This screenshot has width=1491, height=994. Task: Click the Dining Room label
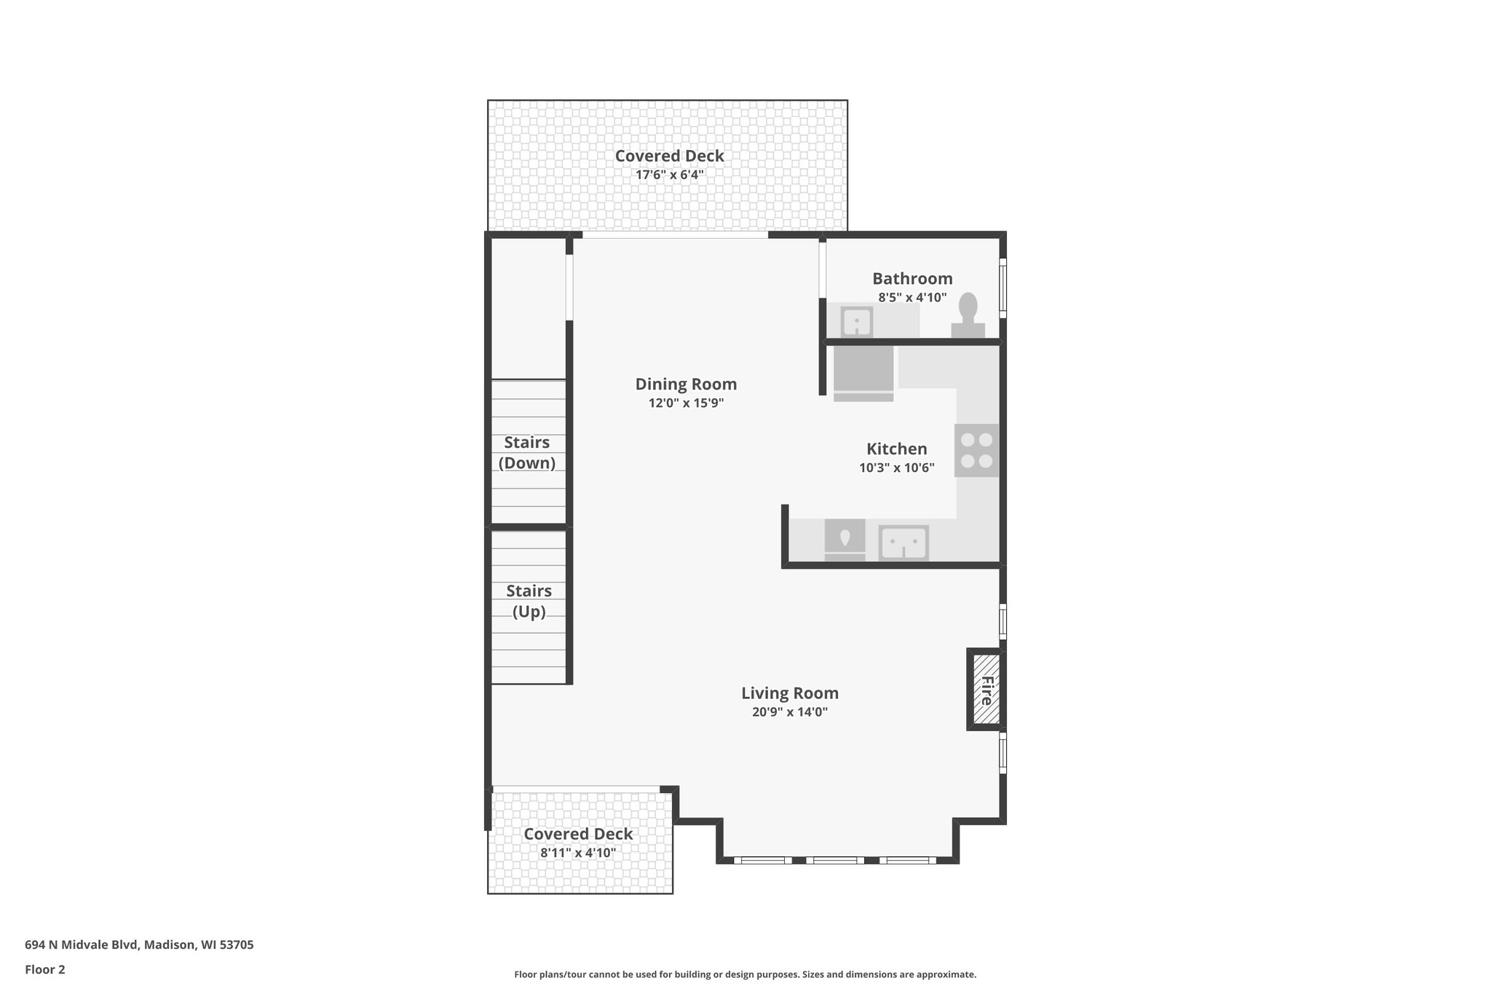coord(686,384)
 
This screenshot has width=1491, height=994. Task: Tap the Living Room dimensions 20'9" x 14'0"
coord(790,712)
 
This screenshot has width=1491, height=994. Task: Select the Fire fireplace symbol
coord(986,690)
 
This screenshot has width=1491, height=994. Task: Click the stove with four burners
coord(976,450)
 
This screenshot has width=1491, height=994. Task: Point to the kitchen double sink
coord(903,543)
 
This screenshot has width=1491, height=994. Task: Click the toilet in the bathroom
coord(968,317)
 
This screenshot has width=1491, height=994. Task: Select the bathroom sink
coord(857,321)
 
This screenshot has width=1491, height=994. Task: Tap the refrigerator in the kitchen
coord(863,372)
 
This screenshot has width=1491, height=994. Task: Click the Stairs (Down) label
coord(527,452)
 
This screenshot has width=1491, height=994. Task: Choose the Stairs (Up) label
coord(529,601)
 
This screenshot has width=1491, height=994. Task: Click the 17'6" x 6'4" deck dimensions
coord(669,175)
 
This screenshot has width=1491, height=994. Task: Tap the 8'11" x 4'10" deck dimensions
coord(578,853)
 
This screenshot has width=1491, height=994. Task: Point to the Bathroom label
coord(912,278)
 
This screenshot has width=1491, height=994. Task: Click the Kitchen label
coord(896,449)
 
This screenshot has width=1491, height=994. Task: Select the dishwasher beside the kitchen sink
coord(845,540)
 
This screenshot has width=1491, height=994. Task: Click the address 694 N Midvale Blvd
coord(139,945)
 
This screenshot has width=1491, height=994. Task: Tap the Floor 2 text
coord(45,969)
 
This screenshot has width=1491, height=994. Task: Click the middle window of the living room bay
coord(835,860)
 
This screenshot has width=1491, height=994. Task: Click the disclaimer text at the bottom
coord(745,974)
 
